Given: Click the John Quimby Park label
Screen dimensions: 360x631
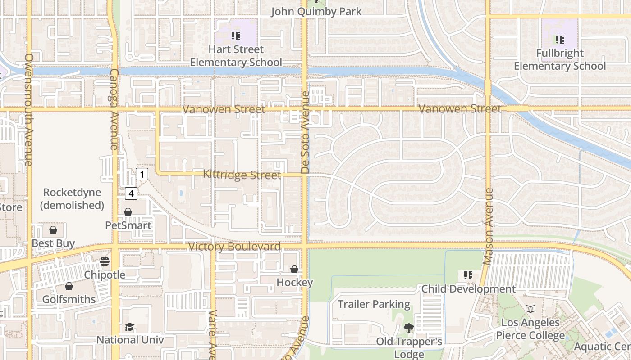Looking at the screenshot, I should point(316,11).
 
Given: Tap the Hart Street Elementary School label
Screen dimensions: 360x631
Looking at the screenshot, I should point(236,56).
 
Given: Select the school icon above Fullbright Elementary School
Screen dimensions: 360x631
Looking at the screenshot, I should point(559,40).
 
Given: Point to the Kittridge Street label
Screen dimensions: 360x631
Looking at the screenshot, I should point(242,175).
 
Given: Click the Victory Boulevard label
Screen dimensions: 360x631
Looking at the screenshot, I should point(234,247).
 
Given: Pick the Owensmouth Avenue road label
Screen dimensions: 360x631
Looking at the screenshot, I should point(29,110).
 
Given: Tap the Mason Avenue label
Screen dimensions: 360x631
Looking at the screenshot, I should point(488,226).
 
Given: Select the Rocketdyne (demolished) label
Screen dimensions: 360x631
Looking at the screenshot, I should point(72,199).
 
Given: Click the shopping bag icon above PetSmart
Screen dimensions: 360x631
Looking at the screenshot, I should point(128,212).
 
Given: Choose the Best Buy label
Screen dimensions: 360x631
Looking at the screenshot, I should point(53,243).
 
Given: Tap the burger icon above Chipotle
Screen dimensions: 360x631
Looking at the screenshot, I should point(105,261).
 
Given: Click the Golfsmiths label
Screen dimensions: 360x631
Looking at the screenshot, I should point(69,299).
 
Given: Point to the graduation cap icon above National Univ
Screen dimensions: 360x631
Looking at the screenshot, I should point(130,327).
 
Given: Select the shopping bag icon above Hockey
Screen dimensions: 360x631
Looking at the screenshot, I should point(294,269).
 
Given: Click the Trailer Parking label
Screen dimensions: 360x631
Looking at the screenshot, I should point(374,304).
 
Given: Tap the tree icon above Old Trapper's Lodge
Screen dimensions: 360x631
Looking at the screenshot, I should point(408,328).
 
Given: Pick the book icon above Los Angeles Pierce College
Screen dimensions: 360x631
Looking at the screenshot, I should point(530,309).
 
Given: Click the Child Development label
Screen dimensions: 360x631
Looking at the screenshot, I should point(468,288).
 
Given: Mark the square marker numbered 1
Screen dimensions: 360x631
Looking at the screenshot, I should point(142,174).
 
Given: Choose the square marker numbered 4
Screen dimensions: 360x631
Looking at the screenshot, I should point(131,193).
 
